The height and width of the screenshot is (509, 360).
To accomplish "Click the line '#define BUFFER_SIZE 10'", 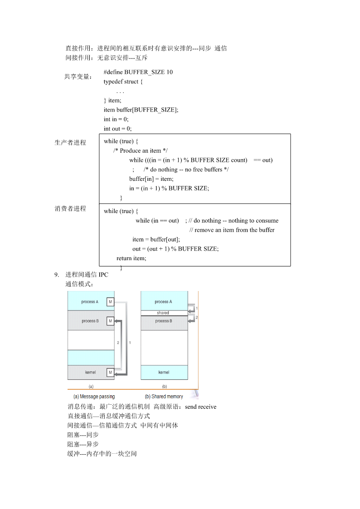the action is click(138, 72).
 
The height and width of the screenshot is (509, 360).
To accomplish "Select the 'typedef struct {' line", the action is click(123, 82).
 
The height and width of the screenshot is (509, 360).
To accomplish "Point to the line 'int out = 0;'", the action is click(117, 129).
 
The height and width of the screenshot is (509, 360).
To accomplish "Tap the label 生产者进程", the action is click(70, 142).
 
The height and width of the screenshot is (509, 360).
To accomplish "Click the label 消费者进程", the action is click(70, 208).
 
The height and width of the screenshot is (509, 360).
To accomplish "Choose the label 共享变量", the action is click(78, 77).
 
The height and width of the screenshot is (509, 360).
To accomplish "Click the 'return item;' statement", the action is click(131, 258).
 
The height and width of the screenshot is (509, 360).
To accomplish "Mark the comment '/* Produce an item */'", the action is click(141, 150).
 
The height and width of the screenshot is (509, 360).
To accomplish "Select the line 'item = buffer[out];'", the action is click(156, 240).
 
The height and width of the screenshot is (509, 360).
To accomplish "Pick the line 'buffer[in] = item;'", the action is click(151, 179).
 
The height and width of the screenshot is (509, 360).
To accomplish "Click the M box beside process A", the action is click(110, 302).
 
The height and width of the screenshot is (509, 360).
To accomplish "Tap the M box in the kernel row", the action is click(110, 372).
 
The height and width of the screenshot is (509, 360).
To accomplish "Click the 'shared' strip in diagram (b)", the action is click(164, 313).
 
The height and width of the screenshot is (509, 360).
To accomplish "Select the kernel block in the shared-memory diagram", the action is click(164, 372).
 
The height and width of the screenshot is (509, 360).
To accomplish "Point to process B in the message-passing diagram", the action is click(90, 321).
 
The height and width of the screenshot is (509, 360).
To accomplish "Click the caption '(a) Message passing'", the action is click(94, 396).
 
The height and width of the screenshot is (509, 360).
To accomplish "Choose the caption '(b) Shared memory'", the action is click(164, 396).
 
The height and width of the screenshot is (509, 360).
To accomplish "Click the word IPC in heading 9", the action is click(103, 275).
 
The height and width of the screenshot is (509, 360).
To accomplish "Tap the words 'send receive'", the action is click(200, 407).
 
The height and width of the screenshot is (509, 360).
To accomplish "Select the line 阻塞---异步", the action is click(83, 444).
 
